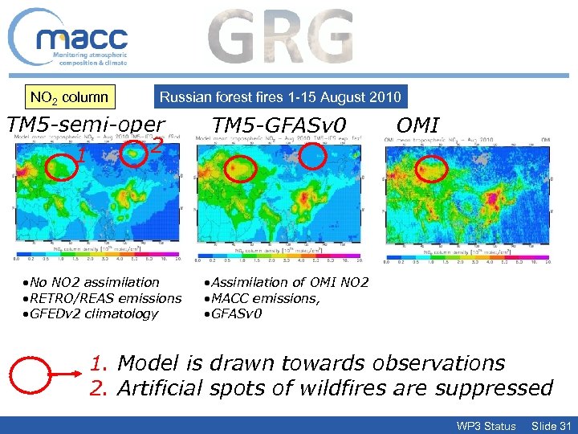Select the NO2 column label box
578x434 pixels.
[68, 97]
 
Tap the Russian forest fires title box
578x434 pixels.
[280, 97]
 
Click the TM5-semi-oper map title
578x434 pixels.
[85, 125]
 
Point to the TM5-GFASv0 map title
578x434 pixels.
[278, 125]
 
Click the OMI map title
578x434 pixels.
[418, 125]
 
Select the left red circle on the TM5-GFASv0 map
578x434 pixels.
[240, 170]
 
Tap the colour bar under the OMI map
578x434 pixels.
[467, 258]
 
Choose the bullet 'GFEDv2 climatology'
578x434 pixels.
[90, 313]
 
